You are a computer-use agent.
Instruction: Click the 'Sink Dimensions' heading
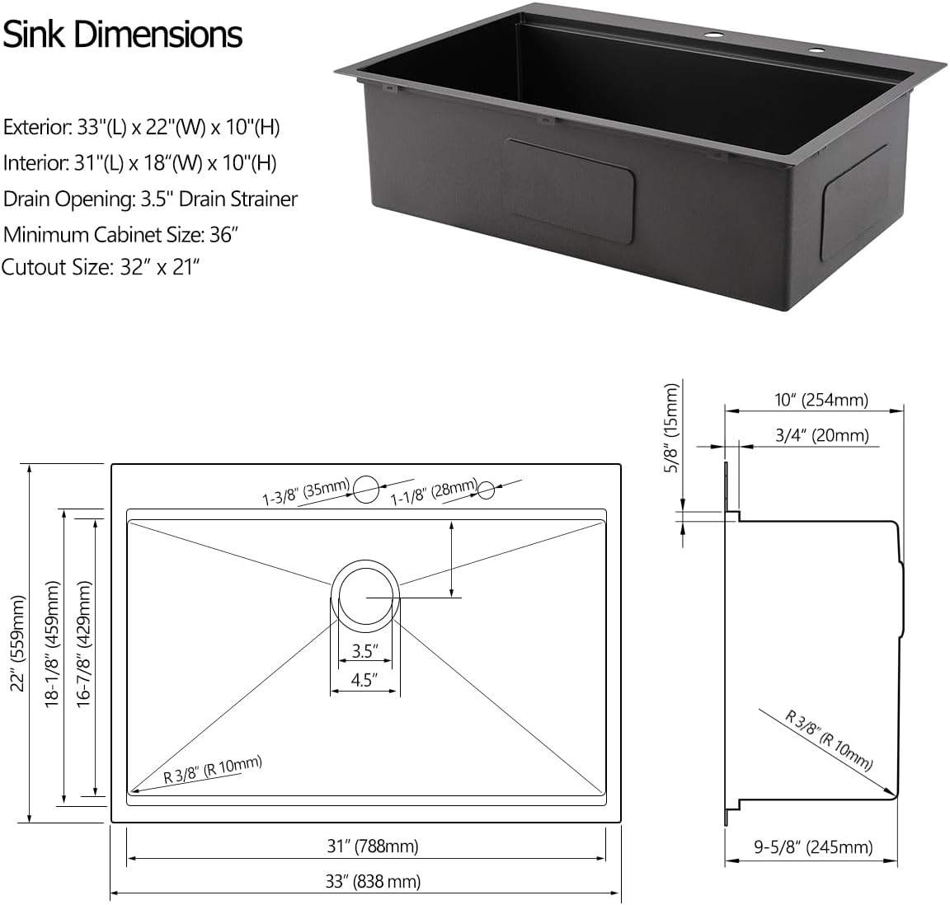(x=122, y=35)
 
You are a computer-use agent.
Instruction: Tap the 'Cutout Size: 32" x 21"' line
(x=101, y=268)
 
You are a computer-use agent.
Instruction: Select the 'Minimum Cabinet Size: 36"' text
(x=121, y=234)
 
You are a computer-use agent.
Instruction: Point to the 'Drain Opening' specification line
(x=150, y=199)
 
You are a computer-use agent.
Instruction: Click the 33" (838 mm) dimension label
(x=373, y=881)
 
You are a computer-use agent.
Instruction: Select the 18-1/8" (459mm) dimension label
(x=55, y=643)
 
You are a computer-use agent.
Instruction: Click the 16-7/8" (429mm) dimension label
(x=84, y=643)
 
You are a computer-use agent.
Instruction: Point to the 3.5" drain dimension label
(x=364, y=651)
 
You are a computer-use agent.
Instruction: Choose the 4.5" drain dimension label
(x=364, y=681)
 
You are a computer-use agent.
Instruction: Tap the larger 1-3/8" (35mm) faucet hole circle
(x=366, y=490)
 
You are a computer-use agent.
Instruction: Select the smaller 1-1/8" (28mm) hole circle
(x=486, y=490)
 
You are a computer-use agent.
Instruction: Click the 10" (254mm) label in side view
(x=821, y=401)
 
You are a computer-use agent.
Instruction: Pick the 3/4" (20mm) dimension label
(x=821, y=435)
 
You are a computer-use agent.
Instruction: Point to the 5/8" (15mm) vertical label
(x=672, y=429)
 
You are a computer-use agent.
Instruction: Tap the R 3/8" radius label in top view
(x=212, y=770)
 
